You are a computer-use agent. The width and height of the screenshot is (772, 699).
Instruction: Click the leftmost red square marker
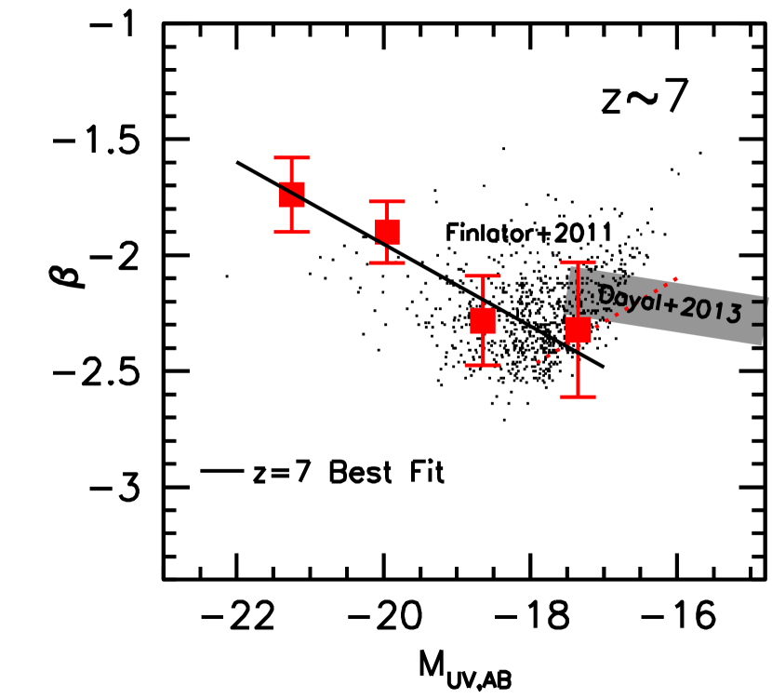tap(292, 195)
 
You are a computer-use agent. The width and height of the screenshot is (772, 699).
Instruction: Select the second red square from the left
tap(387, 232)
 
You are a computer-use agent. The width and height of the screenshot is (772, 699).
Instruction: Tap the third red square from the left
tap(483, 320)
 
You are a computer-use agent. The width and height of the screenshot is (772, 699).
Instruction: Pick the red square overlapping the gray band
tap(578, 329)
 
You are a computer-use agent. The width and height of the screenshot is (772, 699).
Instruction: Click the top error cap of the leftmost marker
tap(292, 158)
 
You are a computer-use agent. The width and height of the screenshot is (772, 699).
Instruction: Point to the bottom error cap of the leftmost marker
tap(292, 231)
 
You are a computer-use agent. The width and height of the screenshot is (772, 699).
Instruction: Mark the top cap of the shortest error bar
tap(387, 201)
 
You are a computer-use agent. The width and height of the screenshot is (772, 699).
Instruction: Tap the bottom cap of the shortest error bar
tap(387, 262)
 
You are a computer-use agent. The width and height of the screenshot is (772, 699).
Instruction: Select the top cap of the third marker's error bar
tap(483, 276)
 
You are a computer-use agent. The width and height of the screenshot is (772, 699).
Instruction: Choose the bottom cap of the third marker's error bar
tap(483, 365)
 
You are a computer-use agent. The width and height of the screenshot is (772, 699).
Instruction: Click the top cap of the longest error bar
tap(578, 262)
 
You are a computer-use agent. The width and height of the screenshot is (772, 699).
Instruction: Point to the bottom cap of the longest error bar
tap(578, 397)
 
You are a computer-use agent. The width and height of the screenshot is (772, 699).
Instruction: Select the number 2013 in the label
tap(712, 311)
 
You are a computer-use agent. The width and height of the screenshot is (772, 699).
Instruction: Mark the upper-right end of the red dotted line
tap(676, 278)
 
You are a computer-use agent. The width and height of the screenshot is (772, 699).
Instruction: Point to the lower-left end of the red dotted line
tap(538, 362)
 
